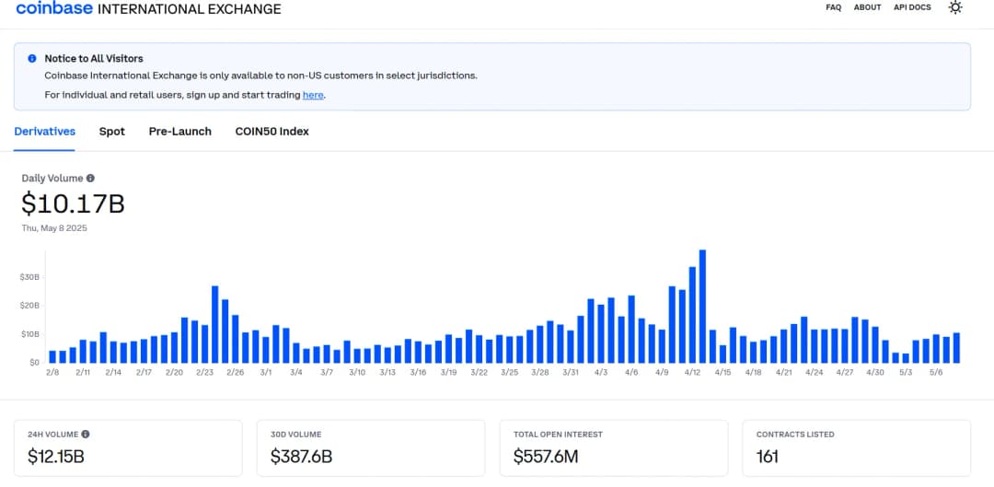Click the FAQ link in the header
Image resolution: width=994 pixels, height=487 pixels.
[833, 7]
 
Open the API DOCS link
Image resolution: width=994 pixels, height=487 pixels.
[912, 7]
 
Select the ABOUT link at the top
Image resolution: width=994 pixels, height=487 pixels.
[867, 7]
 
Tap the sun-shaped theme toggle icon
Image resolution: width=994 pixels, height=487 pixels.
[955, 7]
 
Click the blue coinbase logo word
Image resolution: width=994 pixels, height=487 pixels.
[53, 9]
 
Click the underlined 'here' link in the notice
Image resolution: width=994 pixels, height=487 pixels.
[313, 95]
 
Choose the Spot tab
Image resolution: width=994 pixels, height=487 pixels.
[112, 132]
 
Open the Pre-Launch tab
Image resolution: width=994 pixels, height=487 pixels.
[180, 132]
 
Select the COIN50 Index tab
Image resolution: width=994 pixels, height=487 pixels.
[272, 132]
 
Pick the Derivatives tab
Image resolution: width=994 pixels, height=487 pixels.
[45, 132]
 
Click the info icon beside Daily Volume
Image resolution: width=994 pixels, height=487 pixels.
[90, 179]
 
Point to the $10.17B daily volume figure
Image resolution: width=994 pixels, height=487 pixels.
[73, 203]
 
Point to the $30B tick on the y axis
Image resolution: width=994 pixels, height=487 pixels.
[29, 276]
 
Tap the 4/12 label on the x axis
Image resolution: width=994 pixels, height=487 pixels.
[692, 373]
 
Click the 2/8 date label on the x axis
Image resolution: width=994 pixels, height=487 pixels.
[52, 373]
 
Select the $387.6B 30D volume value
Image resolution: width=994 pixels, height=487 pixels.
[301, 457]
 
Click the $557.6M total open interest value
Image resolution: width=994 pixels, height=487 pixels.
[546, 457]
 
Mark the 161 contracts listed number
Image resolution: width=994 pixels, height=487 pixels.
[768, 457]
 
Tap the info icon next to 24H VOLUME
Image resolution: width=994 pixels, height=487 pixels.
[86, 434]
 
